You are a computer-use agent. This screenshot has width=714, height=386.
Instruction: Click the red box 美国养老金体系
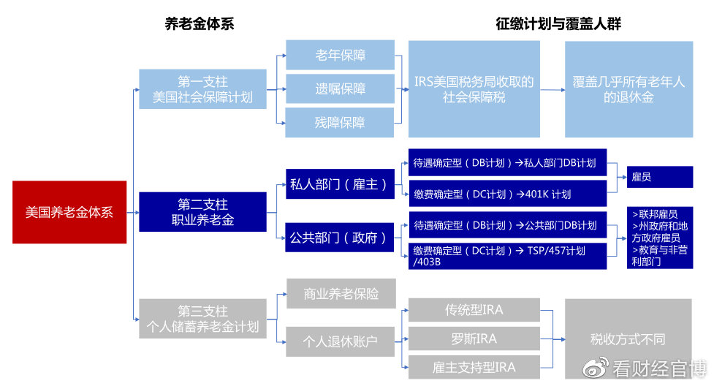(69, 212)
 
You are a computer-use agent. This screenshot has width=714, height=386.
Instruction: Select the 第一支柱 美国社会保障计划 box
(202, 88)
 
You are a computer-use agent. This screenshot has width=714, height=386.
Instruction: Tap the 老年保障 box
(340, 56)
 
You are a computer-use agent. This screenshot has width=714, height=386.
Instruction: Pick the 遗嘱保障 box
(340, 88)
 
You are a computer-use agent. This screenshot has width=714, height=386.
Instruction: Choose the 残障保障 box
(340, 122)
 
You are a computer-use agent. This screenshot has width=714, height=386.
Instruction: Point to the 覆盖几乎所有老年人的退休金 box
(628, 89)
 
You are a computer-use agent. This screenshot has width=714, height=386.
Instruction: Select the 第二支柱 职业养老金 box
(202, 211)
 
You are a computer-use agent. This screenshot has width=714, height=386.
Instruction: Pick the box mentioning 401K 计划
(507, 194)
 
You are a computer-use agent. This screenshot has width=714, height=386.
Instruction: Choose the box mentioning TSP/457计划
(507, 256)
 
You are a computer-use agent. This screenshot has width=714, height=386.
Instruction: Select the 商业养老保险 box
(341, 294)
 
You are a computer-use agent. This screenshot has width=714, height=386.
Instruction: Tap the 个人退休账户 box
(341, 340)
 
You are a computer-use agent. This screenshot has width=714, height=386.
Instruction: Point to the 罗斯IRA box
(474, 338)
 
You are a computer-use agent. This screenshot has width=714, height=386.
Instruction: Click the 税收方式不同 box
(628, 339)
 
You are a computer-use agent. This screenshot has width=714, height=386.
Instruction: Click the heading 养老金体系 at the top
(200, 23)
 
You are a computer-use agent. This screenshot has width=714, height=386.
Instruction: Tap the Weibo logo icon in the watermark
(596, 367)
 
